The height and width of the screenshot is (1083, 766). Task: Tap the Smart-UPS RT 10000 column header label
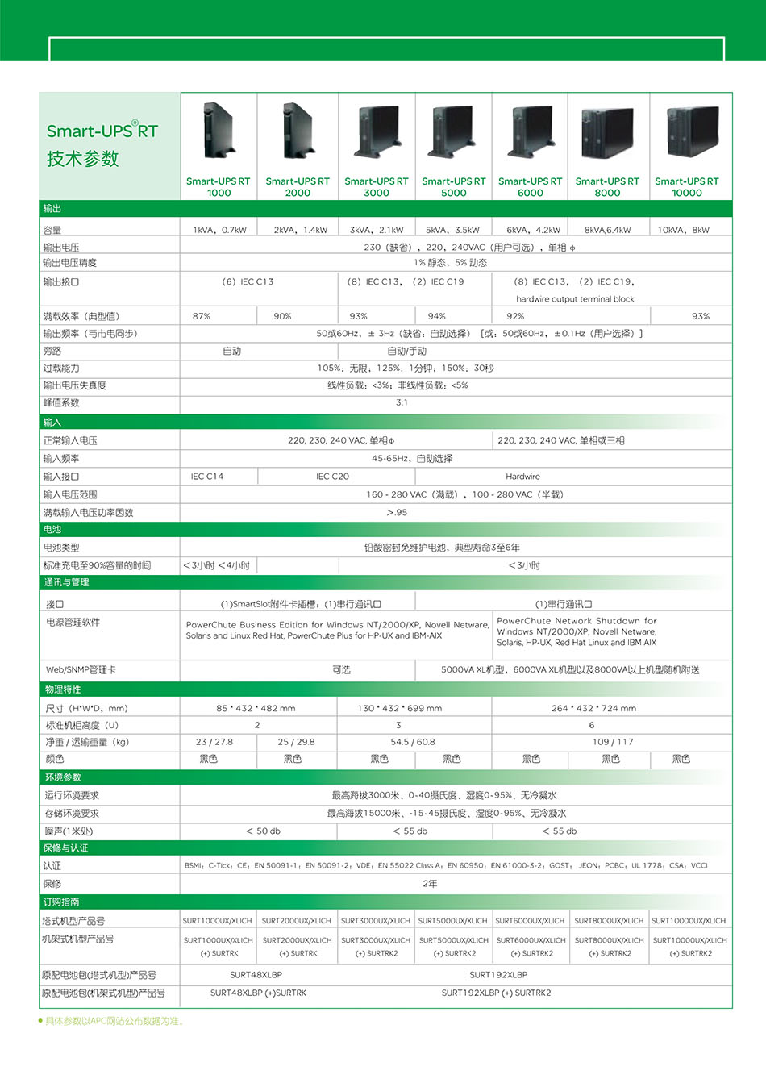(686, 187)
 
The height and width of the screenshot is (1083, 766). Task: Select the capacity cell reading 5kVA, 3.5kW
(452, 230)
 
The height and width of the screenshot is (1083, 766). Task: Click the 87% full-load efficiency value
(202, 316)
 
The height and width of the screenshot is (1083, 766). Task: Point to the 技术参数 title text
(82, 159)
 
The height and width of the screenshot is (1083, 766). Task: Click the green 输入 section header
(52, 422)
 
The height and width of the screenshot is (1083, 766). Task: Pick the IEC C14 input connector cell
(207, 477)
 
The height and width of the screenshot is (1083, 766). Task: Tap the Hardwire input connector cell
(522, 477)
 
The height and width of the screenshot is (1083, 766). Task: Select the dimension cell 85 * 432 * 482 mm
(256, 708)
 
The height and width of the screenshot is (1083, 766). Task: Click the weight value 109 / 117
(613, 742)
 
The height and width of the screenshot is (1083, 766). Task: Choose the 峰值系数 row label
(61, 402)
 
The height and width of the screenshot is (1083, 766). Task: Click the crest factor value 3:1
(402, 402)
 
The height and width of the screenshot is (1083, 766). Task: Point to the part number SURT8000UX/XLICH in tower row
(609, 920)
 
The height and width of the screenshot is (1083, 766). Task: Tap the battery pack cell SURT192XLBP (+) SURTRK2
(496, 993)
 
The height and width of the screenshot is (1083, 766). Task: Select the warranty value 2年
(430, 884)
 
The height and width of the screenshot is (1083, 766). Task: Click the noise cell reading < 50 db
(263, 831)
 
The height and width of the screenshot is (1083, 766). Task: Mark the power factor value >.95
(397, 512)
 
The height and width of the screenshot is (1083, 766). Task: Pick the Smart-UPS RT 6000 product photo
(530, 132)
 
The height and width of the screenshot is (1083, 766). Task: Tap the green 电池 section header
(52, 529)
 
